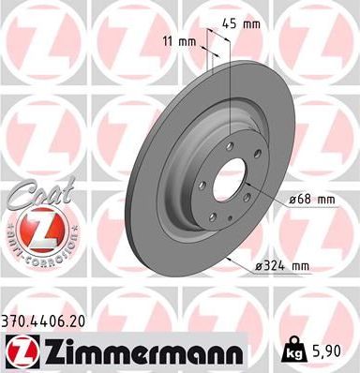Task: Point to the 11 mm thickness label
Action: [x=181, y=42]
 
